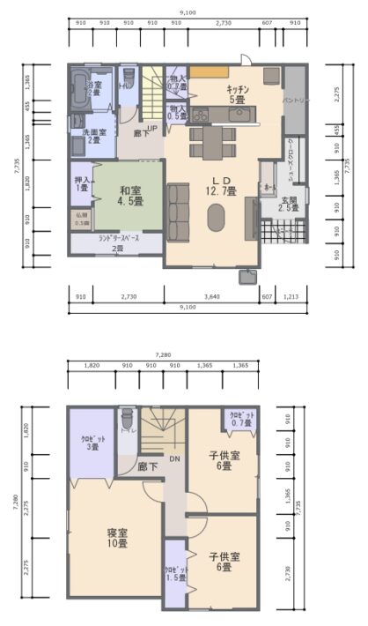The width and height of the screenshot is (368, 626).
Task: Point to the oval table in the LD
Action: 216,217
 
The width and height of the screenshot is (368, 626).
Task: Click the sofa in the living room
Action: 177,207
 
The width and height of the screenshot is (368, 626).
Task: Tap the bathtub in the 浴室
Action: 77,88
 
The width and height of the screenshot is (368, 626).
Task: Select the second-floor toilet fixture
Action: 127,418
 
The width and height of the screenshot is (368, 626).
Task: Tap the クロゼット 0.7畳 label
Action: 242,419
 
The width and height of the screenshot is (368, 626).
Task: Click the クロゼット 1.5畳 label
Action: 174,573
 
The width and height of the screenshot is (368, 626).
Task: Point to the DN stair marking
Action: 174,458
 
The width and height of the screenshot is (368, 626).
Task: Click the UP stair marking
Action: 152,128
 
